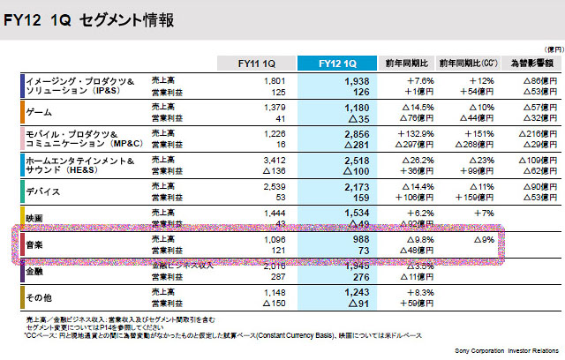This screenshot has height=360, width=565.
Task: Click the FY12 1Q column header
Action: tap(338, 64)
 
